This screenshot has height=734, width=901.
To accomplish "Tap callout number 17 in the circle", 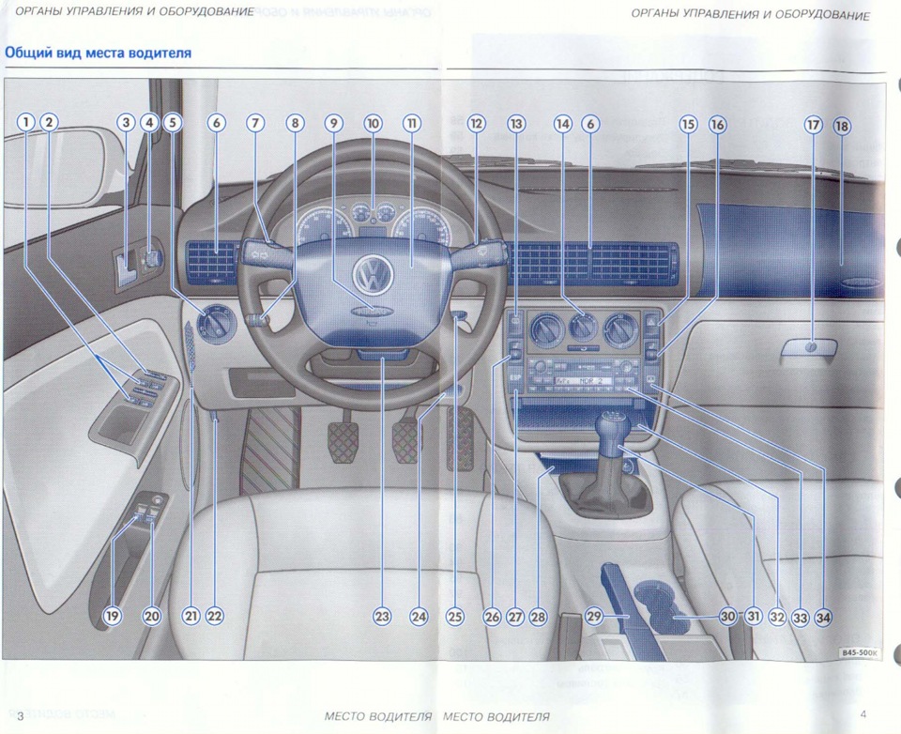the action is click(x=813, y=124).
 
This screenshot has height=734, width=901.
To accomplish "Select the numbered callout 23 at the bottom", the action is click(x=381, y=617).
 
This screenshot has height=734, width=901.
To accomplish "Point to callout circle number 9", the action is click(x=335, y=123).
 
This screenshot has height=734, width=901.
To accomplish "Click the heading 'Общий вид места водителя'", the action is click(x=99, y=53).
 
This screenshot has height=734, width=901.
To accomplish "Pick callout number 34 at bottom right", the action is click(x=823, y=617).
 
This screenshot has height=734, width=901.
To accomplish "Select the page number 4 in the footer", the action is click(x=863, y=714).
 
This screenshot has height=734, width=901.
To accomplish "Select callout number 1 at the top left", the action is click(x=25, y=123).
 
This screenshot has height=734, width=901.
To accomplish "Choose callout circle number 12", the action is click(x=477, y=123).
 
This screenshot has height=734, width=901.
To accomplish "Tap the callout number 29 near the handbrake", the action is click(x=594, y=617).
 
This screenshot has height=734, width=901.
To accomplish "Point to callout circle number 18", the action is click(x=840, y=124).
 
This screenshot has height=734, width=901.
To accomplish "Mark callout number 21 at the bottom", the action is click(x=191, y=617).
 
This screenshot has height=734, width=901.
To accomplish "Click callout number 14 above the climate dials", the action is click(x=562, y=123).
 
